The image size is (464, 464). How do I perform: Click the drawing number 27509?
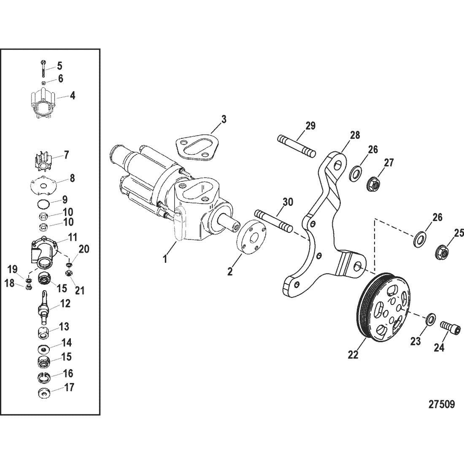(442, 404)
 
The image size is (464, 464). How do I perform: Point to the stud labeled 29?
(297, 146)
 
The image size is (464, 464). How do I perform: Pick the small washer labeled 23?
(431, 319)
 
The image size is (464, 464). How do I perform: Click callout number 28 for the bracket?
(355, 135)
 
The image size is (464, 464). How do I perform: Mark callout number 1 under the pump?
(165, 259)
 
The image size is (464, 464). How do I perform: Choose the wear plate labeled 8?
(43, 186)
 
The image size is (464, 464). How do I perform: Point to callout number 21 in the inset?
(80, 290)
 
